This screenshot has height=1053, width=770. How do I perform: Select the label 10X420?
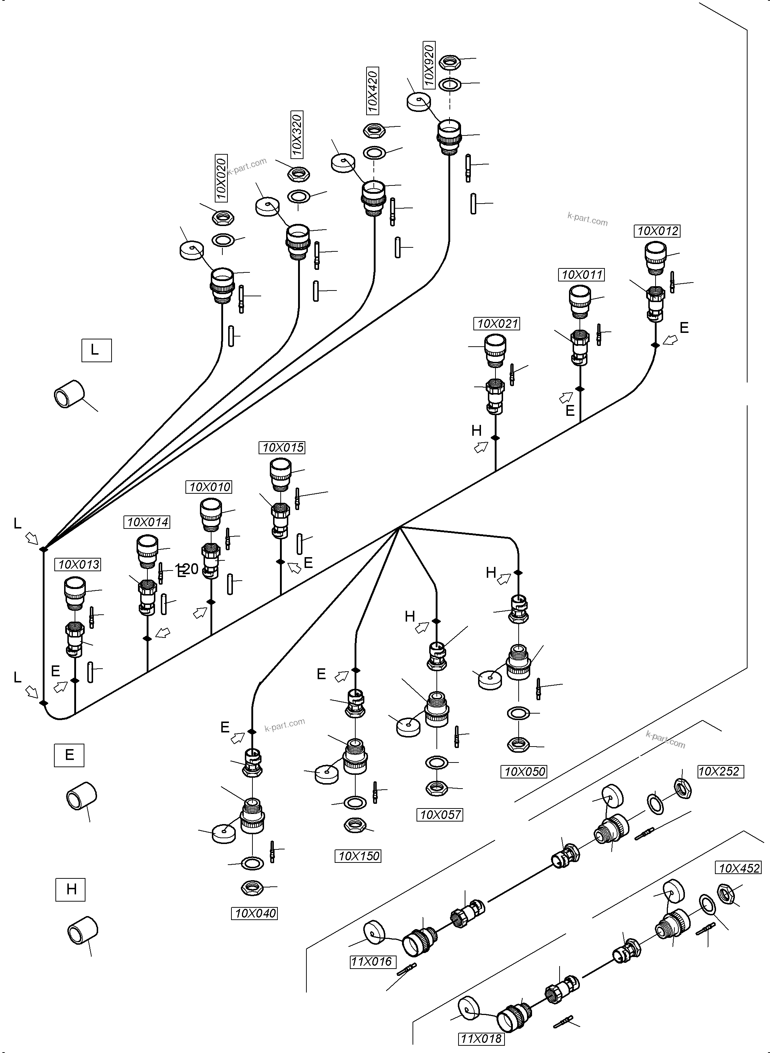pyautogui.click(x=372, y=91)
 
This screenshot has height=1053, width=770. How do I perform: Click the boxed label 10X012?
pyautogui.click(x=658, y=231)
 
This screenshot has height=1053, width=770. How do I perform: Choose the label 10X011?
pyautogui.click(x=582, y=275)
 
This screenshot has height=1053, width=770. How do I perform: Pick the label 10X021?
pyautogui.click(x=497, y=323)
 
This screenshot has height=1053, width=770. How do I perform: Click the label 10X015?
pyautogui.click(x=283, y=447)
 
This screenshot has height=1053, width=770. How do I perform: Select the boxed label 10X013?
pyautogui.click(x=78, y=564)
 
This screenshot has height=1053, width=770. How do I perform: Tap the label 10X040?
pyautogui.click(x=255, y=913)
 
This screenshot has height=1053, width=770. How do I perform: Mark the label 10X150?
pyautogui.click(x=358, y=856)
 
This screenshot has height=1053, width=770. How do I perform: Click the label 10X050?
pyautogui.click(x=524, y=772)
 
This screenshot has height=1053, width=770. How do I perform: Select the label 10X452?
pyautogui.click(x=739, y=868)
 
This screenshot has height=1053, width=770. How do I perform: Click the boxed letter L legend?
pyautogui.click(x=96, y=350)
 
